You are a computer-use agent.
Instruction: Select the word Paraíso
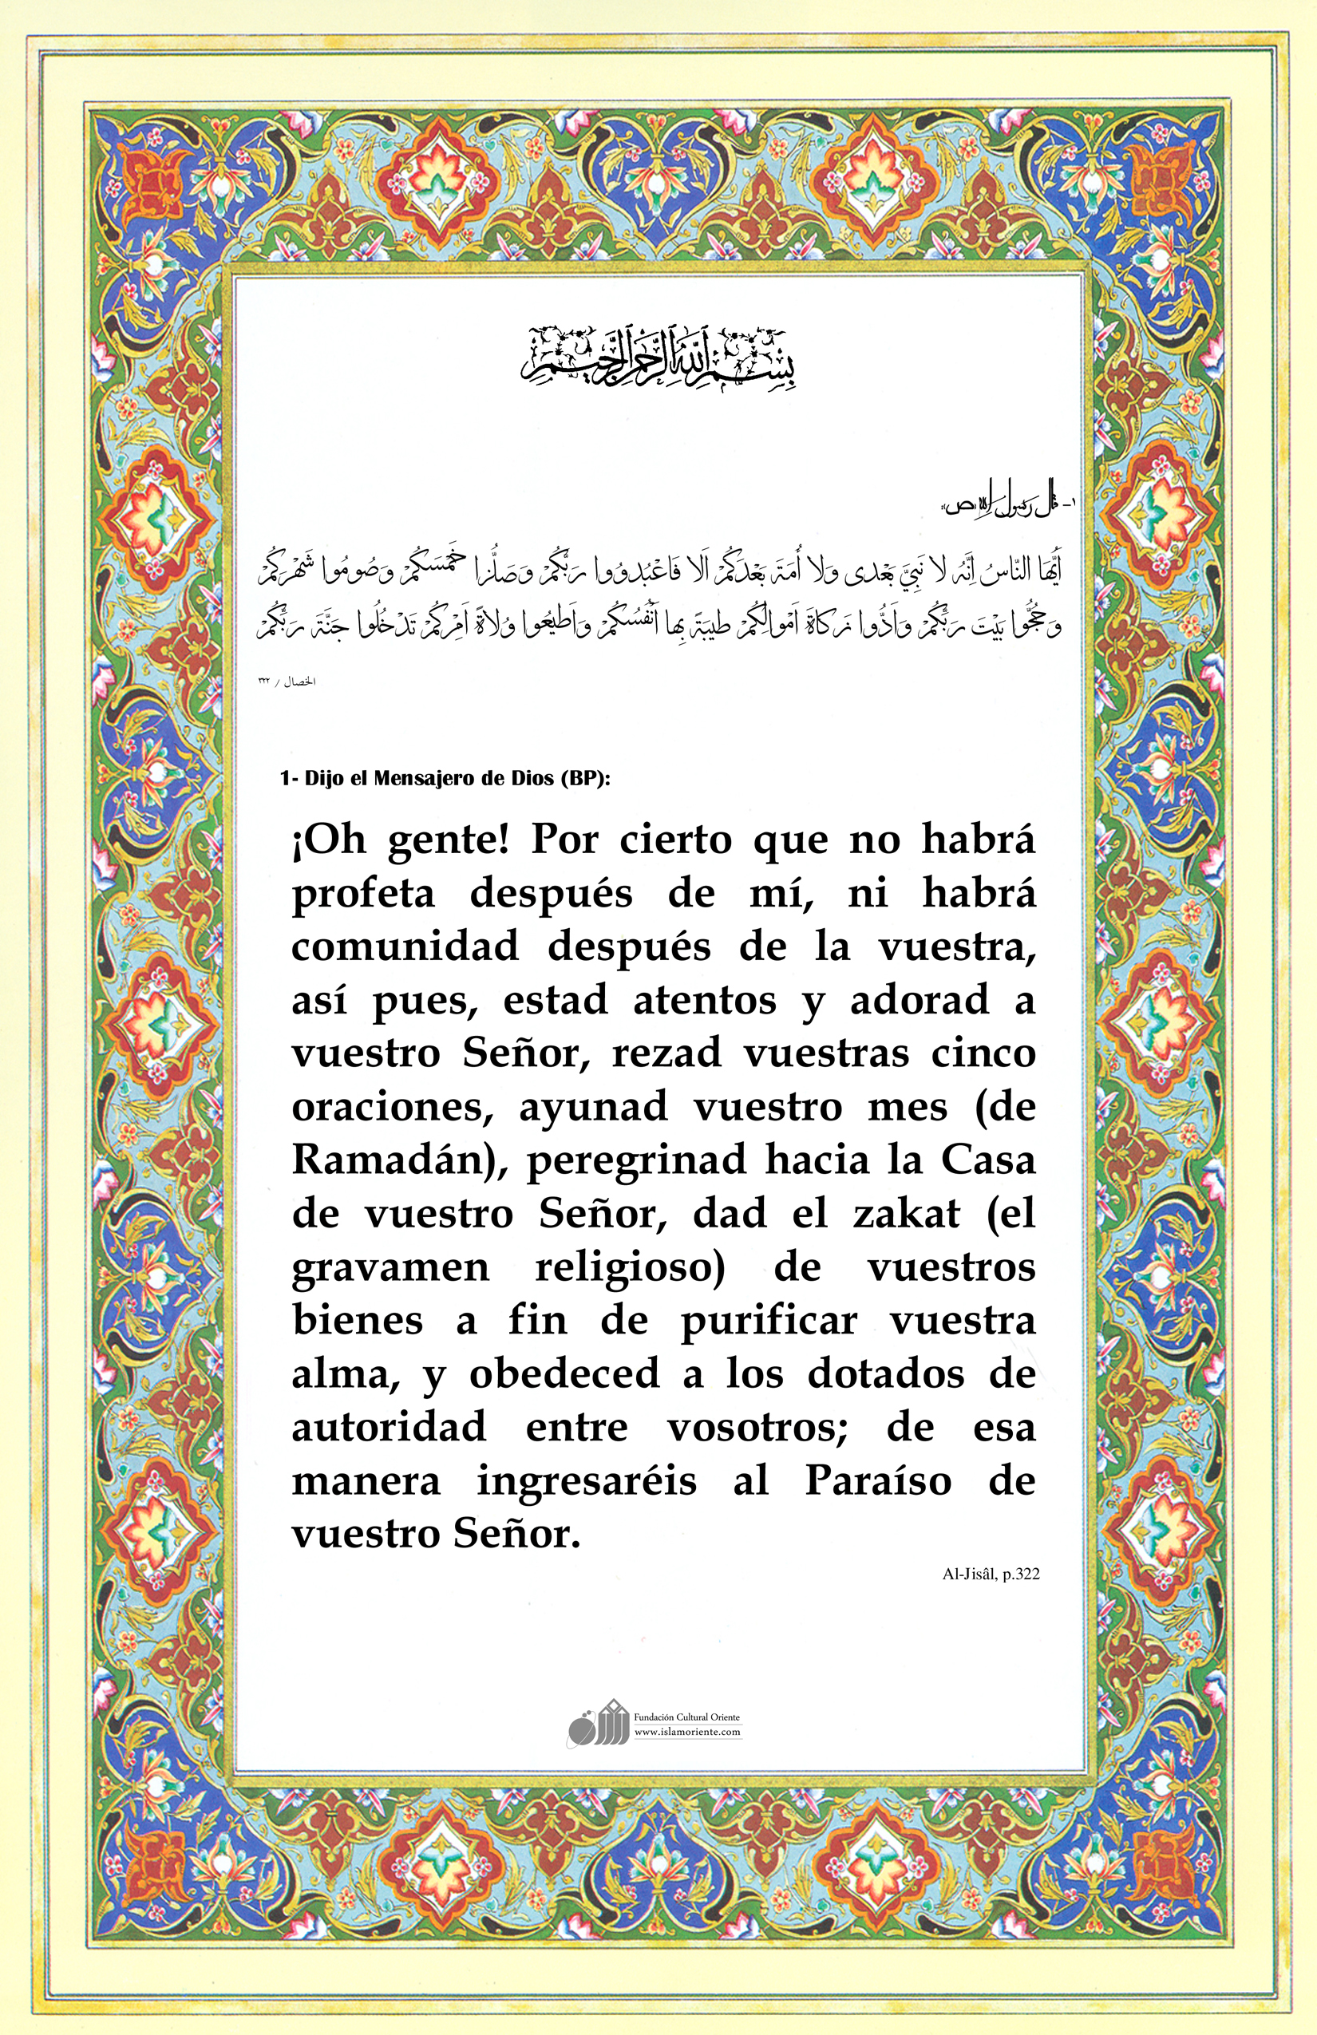[878, 1482]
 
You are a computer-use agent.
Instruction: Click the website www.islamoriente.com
[687, 1732]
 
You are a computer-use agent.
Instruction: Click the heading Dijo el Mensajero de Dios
[445, 779]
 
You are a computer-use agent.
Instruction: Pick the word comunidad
[405, 946]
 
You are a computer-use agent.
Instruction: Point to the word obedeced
[564, 1374]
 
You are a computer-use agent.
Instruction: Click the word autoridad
[390, 1428]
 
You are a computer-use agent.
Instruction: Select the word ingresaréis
[587, 1482]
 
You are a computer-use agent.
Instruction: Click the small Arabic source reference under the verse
[287, 682]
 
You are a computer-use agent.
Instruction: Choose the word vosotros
[757, 1428]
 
